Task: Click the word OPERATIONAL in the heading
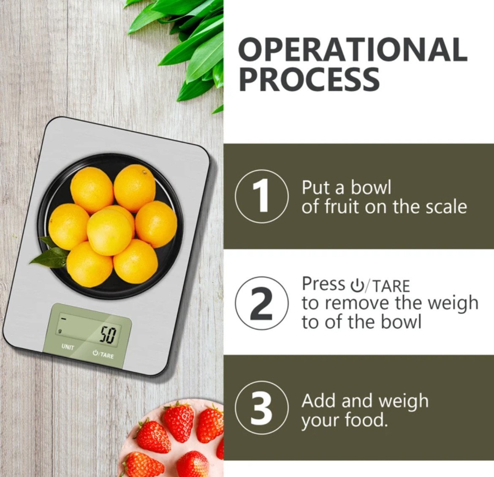(352, 49)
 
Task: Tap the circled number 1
(261, 196)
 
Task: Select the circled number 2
(261, 303)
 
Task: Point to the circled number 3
(261, 408)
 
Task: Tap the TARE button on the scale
(103, 354)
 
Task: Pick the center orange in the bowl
(110, 232)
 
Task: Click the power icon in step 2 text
(357, 286)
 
